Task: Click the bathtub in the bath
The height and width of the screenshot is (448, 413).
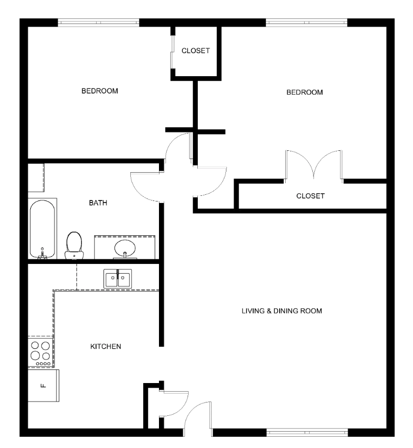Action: [x=42, y=229]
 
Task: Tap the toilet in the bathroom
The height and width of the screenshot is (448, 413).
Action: [x=74, y=245]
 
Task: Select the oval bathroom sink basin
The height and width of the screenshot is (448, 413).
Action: [x=125, y=248]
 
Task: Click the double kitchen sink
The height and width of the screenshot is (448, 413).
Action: [x=118, y=279]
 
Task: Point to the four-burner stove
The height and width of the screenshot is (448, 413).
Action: [x=40, y=351]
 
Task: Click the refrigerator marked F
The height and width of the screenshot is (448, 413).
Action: [x=43, y=386]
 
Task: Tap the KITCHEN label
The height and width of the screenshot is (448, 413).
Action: [x=106, y=347]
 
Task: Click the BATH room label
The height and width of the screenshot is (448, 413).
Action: [x=98, y=203]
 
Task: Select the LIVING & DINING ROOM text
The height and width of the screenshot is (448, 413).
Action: [x=282, y=311]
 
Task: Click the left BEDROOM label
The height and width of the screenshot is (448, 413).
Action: [x=100, y=91]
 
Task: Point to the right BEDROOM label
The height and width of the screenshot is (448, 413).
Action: [x=305, y=92]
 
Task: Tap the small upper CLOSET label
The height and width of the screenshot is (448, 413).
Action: [x=196, y=51]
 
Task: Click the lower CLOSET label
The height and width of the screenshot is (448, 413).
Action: [x=310, y=196]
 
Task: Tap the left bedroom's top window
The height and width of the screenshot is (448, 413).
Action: [x=99, y=23]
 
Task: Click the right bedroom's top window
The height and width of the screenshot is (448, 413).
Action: [x=307, y=23]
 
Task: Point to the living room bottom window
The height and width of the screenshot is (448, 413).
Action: [x=307, y=433]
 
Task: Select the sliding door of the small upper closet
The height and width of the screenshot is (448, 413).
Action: [x=172, y=52]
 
